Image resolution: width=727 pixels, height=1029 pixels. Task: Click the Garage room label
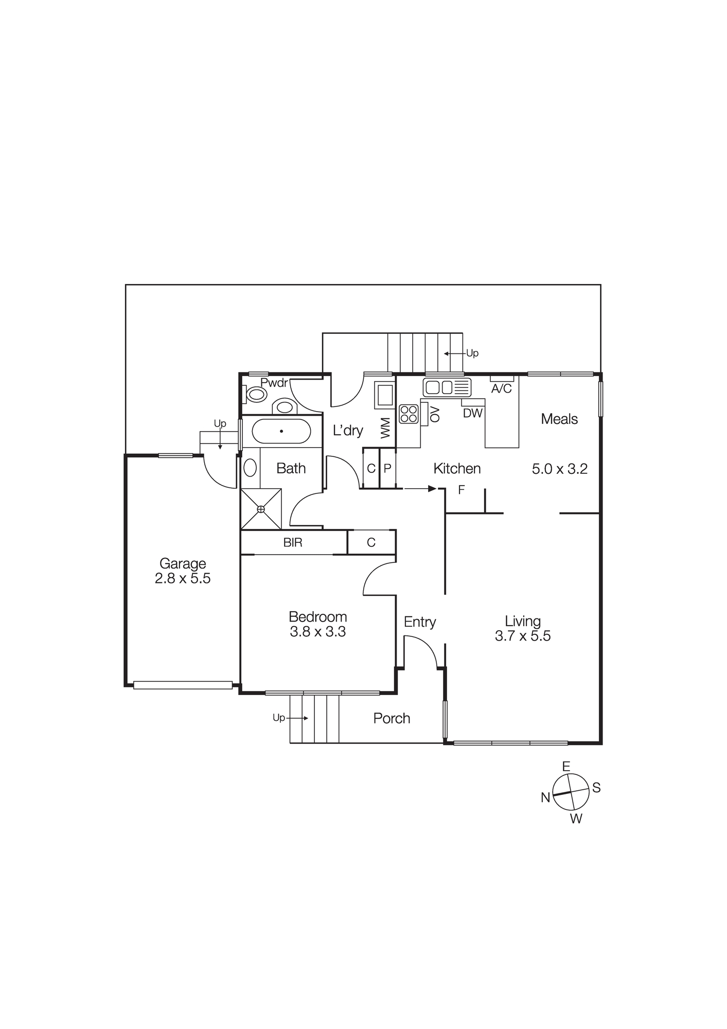coord(182,563)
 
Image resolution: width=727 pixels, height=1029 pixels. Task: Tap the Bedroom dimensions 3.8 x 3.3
coord(317,632)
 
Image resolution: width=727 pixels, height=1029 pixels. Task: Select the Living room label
coord(522,621)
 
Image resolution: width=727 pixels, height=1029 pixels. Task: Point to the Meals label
coord(559,419)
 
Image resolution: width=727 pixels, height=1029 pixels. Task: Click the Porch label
coord(392,718)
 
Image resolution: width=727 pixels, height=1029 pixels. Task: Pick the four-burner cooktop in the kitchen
coord(409,414)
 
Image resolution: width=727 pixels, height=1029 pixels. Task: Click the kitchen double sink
coord(438,387)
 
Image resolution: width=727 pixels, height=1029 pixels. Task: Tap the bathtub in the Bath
coord(281,431)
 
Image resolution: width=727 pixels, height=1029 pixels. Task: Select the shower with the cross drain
coord(261,509)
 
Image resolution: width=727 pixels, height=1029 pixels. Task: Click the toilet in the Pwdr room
coord(256,395)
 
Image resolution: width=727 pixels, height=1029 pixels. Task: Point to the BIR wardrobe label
coord(293,542)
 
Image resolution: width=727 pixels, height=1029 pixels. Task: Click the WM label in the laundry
coord(385,428)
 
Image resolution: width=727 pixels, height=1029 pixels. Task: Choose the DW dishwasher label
coord(472,413)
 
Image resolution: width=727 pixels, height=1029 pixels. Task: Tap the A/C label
coord(501,388)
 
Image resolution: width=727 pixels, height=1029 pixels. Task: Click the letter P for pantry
coord(387,469)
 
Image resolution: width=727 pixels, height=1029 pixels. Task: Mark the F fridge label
coord(461,490)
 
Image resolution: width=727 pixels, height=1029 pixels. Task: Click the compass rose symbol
coord(571,792)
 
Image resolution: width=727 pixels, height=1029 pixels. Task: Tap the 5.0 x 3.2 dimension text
coord(559,469)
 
